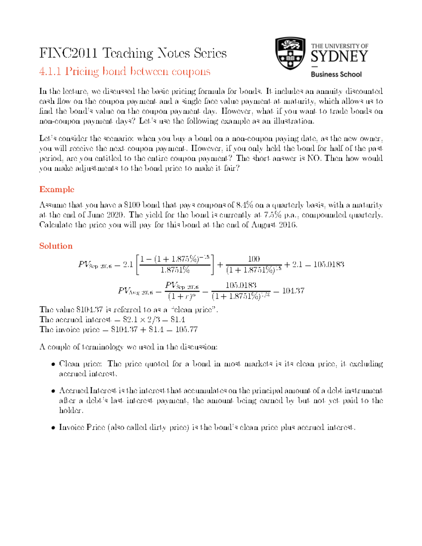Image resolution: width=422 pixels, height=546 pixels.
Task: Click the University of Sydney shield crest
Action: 290,53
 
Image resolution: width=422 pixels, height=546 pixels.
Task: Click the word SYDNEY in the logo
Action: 339,57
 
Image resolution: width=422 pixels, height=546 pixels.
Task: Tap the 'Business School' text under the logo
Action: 336,75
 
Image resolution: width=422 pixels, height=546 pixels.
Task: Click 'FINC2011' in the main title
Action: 68,53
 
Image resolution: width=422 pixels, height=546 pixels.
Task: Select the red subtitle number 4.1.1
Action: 50,71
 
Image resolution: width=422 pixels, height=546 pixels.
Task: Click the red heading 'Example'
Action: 57,190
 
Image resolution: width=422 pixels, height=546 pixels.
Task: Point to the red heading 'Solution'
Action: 56,246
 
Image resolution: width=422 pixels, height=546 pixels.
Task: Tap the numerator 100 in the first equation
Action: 254,259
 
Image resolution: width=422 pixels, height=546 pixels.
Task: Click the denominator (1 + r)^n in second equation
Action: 181,297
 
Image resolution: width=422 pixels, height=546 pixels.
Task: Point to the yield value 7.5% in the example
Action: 272,215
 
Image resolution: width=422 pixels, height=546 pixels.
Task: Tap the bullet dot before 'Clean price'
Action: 53,364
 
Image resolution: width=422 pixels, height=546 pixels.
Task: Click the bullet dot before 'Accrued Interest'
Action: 53,391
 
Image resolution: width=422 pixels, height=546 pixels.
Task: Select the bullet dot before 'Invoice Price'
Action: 53,428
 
